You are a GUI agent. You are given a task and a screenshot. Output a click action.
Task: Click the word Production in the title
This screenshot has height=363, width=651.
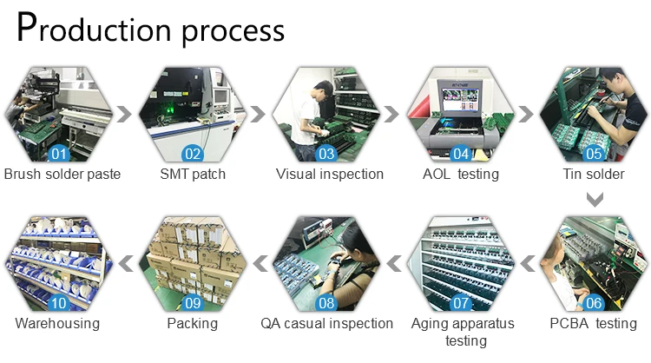coord(94,29)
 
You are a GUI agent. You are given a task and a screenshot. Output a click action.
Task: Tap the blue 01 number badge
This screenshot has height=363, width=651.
coord(59,154)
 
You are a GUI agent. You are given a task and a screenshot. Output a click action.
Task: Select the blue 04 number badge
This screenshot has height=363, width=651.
coord(461,154)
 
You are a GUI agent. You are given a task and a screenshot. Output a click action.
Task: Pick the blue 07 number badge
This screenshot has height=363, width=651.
coord(461,303)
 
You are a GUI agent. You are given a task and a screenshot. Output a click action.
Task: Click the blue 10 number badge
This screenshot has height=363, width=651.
coord(59,303)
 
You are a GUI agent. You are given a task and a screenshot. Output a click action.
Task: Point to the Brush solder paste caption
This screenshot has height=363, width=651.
coord(62,174)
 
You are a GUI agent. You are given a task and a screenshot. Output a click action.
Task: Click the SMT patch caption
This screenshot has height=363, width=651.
coord(193,174)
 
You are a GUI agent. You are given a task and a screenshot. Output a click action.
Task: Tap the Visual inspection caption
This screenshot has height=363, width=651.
coord(330,174)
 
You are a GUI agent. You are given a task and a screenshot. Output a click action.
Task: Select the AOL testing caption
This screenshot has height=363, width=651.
coord(461,174)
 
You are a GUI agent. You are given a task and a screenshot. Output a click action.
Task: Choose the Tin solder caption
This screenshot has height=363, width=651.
coord(594,174)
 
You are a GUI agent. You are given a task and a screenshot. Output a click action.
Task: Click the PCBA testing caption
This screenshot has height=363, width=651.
coord(594,323)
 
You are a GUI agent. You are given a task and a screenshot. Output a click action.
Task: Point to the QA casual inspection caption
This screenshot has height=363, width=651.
coord(326,323)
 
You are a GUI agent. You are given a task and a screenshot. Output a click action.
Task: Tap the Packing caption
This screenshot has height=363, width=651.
coord(192,323)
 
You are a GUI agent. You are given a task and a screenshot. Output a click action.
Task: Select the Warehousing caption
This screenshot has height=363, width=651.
coord(57,323)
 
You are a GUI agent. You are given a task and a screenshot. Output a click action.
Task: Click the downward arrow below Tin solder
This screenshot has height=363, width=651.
coord(595,200)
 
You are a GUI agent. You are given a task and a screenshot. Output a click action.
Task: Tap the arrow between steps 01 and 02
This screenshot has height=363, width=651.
coord(124,114)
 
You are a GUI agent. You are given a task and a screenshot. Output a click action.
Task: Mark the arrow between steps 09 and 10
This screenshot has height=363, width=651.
coord(126,263)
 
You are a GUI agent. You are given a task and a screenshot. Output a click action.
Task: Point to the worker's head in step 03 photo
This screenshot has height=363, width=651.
coord(324,89)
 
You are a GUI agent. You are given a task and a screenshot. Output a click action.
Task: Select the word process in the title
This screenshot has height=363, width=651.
coord(233,31)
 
